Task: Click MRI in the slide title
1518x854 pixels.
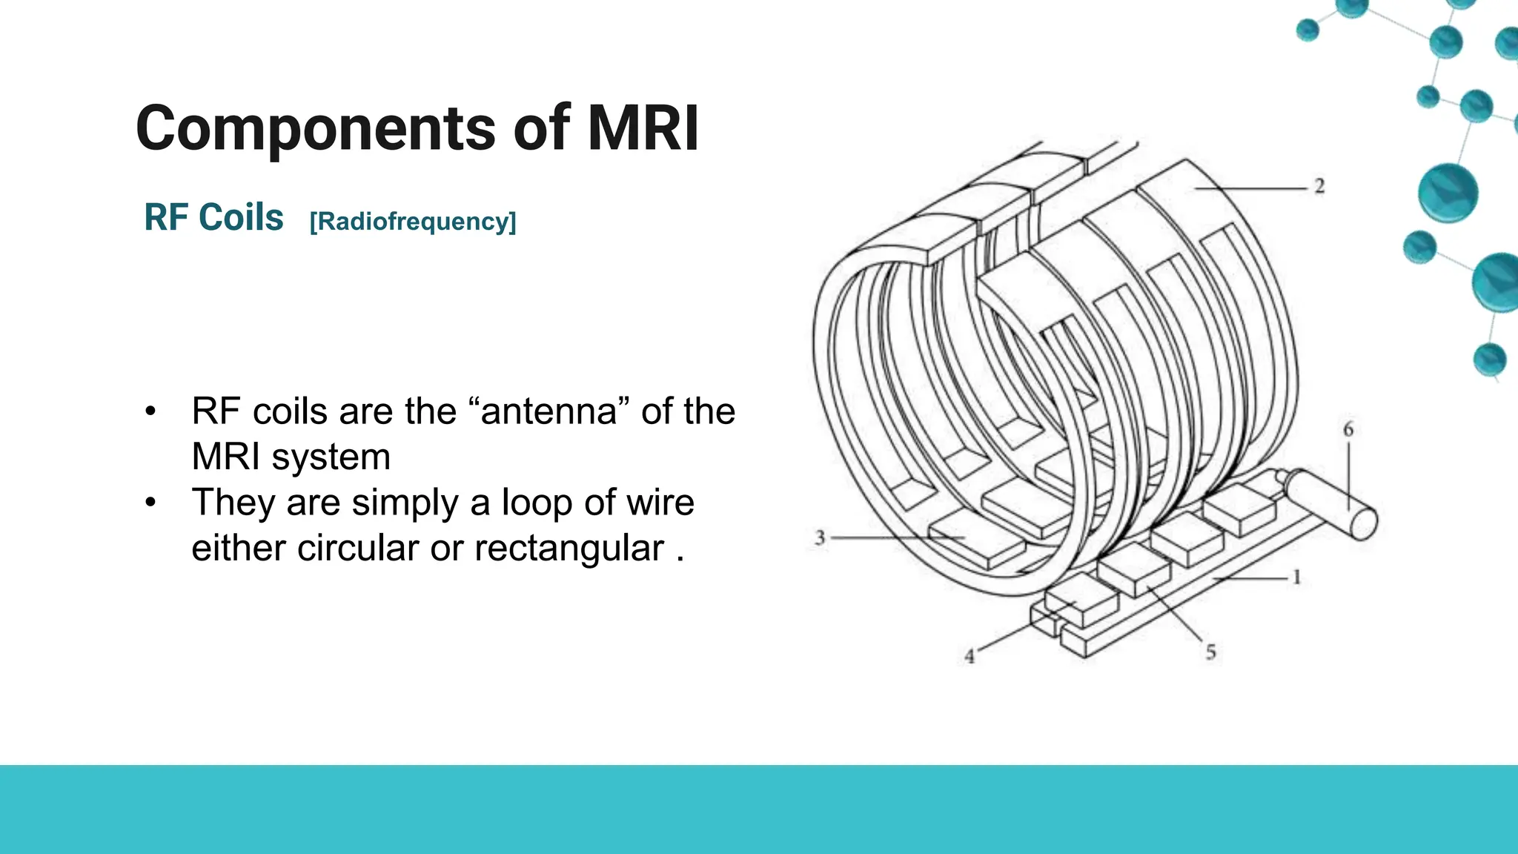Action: tap(643, 129)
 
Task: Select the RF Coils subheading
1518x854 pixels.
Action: tap(213, 218)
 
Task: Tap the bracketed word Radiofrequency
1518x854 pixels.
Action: tap(413, 222)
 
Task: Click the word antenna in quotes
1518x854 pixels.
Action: tap(549, 411)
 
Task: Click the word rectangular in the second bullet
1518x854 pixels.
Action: tap(569, 549)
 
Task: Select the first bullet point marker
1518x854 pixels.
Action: tap(151, 412)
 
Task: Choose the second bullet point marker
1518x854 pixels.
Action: tap(151, 503)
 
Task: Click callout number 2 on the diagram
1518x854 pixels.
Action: tap(1319, 186)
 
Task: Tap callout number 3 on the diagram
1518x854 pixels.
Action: tap(820, 537)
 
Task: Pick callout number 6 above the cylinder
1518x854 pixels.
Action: tap(1348, 429)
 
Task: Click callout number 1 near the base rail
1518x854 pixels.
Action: tap(1296, 577)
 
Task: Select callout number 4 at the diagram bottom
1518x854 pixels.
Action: tap(970, 656)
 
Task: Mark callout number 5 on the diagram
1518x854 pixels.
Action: tap(1210, 652)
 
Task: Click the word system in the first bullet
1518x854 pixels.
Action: tap(331, 457)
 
